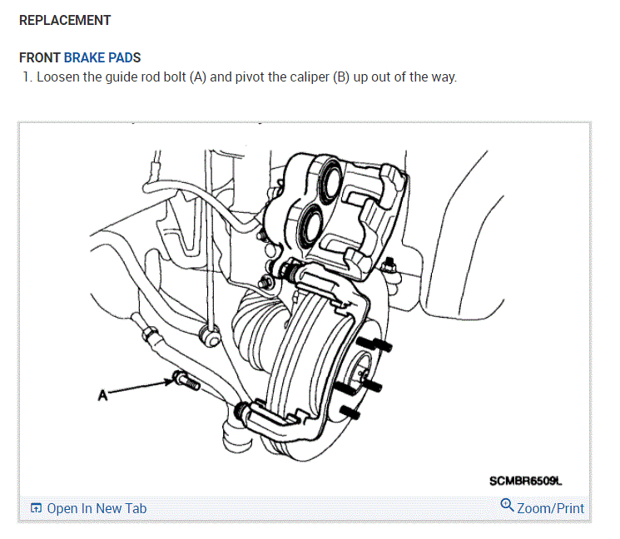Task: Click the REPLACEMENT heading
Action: [65, 20]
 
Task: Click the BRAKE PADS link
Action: [102, 58]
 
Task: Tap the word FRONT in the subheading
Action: [39, 58]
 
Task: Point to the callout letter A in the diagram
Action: [102, 396]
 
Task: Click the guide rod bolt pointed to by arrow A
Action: [184, 382]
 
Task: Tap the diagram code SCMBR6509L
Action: [526, 481]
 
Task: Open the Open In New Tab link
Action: [97, 508]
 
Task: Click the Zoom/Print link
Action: [550, 508]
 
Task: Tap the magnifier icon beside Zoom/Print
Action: [507, 506]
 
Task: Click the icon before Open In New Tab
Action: [36, 508]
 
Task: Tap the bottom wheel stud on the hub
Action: [350, 413]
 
